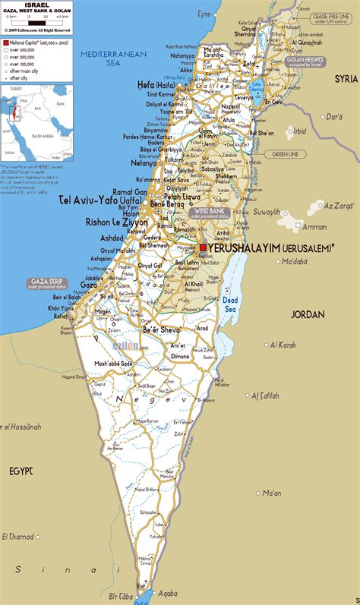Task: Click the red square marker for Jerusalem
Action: [203, 247]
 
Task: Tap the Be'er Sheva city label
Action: [161, 330]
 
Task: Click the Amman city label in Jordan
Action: [314, 227]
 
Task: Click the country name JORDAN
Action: [307, 314]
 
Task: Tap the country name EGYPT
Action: [21, 471]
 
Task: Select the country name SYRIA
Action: [346, 78]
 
